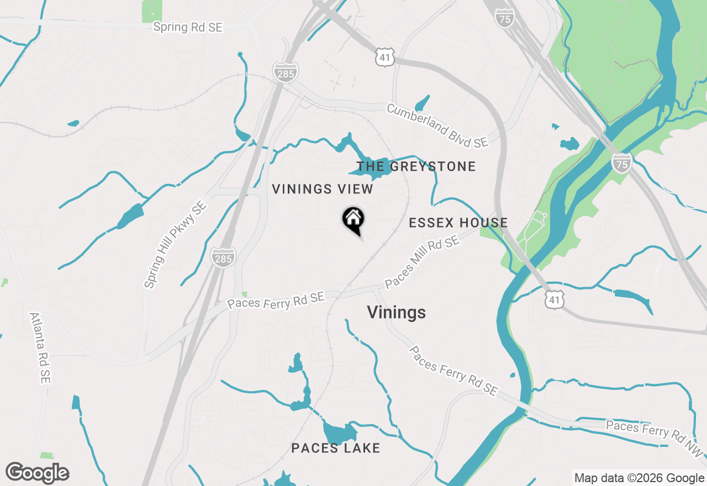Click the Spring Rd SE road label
pyautogui.click(x=188, y=27)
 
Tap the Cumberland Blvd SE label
pyautogui.click(x=437, y=126)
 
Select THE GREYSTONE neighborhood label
pyautogui.click(x=416, y=166)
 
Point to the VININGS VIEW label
pyautogui.click(x=323, y=189)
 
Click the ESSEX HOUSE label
pyautogui.click(x=458, y=223)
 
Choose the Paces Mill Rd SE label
pyautogui.click(x=422, y=263)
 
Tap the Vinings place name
pyautogui.click(x=396, y=313)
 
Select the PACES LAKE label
pyautogui.click(x=336, y=448)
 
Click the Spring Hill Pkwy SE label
pyautogui.click(x=175, y=245)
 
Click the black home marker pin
pyautogui.click(x=353, y=220)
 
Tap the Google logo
pyautogui.click(x=38, y=473)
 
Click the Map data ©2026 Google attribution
pyautogui.click(x=639, y=478)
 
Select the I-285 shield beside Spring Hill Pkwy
pyautogui.click(x=223, y=257)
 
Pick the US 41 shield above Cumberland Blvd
pyautogui.click(x=384, y=57)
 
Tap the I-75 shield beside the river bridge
pyautogui.click(x=621, y=163)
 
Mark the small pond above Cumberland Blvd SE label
pyautogui.click(x=422, y=103)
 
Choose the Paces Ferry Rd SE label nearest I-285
pyautogui.click(x=276, y=301)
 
